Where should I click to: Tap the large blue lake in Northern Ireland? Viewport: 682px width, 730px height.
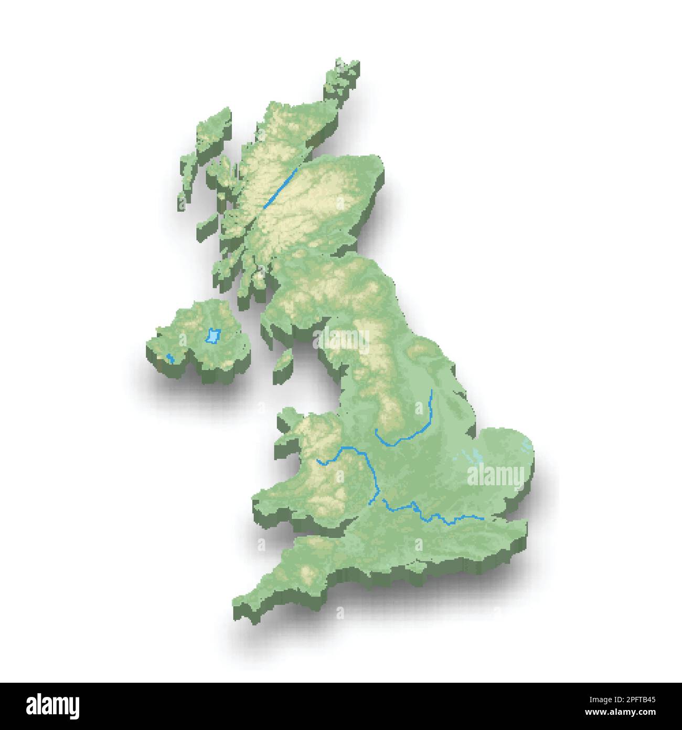click(212, 336)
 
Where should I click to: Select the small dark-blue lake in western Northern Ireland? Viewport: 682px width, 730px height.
click(169, 359)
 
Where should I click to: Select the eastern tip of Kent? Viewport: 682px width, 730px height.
click(522, 525)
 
